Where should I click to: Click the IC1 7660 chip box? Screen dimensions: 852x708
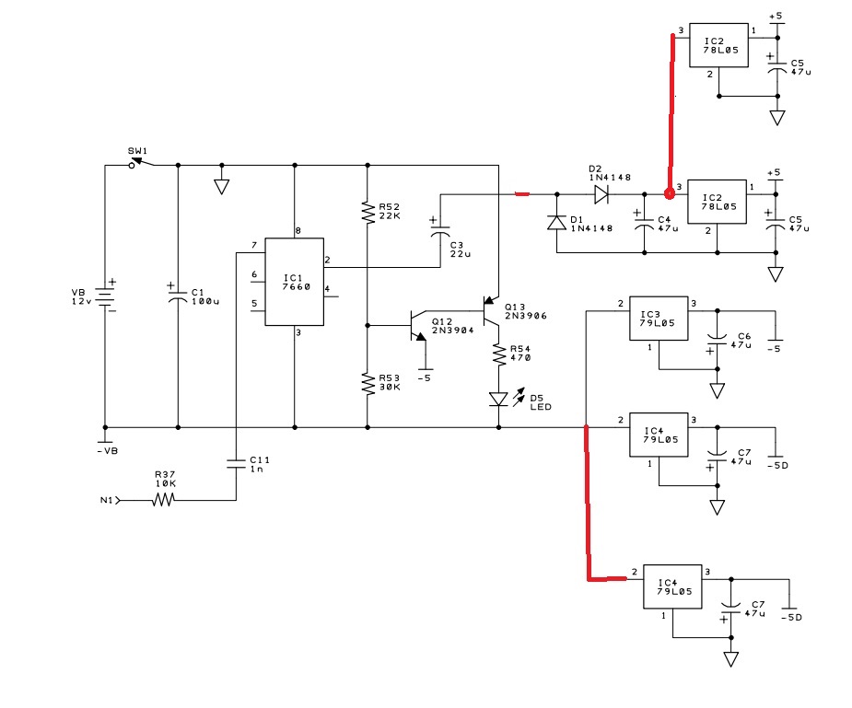(x=295, y=282)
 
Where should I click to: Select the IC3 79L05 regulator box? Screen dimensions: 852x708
(x=659, y=319)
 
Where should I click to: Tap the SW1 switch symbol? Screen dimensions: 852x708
(x=141, y=162)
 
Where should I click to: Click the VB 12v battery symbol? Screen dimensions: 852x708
(x=105, y=296)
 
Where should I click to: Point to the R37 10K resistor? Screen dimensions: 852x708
(x=163, y=500)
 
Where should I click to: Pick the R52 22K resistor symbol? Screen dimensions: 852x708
(x=368, y=213)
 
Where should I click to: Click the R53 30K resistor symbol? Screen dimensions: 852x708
(x=368, y=384)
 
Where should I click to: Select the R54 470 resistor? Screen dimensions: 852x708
(x=499, y=354)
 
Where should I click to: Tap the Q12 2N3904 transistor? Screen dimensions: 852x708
(x=418, y=326)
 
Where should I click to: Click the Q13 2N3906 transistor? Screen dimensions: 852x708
(x=491, y=311)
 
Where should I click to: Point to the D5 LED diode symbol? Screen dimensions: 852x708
(x=499, y=399)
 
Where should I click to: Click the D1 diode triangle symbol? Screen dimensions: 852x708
(x=556, y=223)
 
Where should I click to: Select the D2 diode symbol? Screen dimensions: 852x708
(x=601, y=194)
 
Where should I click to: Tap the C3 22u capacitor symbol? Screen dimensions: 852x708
(x=440, y=231)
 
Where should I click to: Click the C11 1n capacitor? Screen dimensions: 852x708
(x=237, y=463)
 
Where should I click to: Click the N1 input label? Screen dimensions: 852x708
(x=107, y=500)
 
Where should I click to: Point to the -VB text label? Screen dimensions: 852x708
(x=108, y=450)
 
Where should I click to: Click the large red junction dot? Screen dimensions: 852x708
(x=670, y=193)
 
